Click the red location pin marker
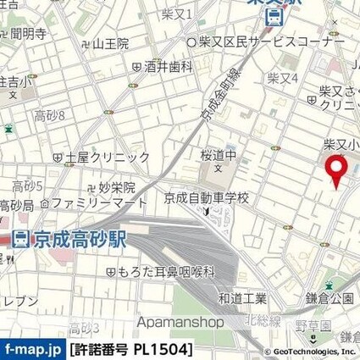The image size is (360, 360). tap(337, 170)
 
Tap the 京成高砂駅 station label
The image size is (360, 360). tap(79, 240)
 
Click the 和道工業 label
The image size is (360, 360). tap(241, 297)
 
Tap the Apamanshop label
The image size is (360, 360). tap(180, 322)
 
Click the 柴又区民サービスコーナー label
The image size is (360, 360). tap(271, 42)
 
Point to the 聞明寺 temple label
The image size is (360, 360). tap(30, 34)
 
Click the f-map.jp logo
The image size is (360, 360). tap(32, 349)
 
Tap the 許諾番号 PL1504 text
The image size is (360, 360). tap(131, 349)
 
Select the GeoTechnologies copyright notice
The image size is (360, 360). tap(313, 351)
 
